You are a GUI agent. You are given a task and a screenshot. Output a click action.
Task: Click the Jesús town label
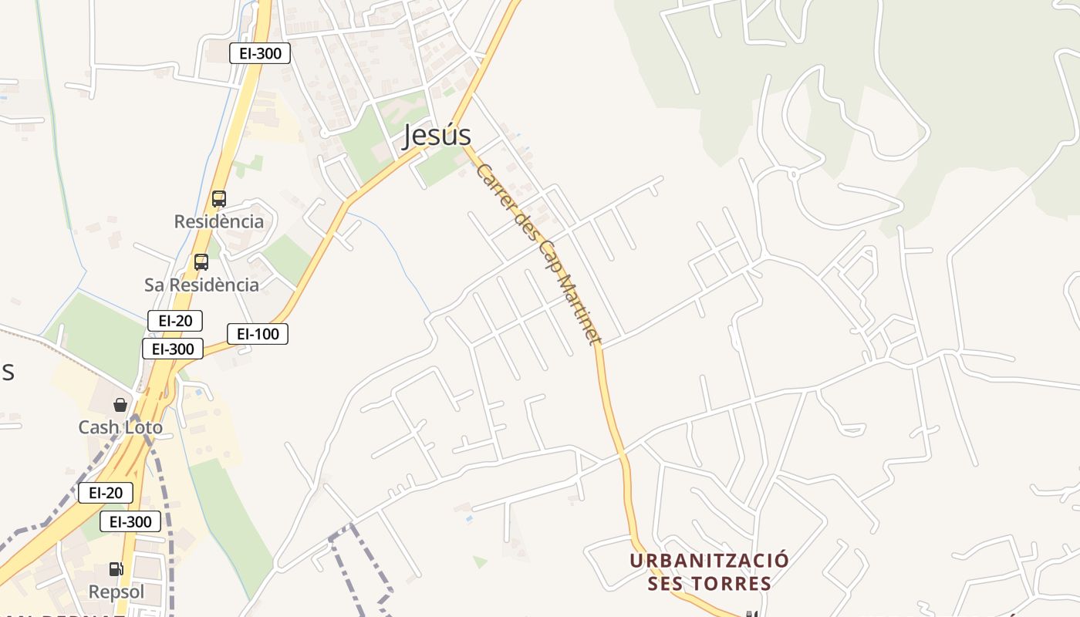tap(437, 136)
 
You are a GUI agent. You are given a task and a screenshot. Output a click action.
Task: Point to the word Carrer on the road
tap(495, 186)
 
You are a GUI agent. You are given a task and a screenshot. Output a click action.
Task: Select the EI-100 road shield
tap(258, 334)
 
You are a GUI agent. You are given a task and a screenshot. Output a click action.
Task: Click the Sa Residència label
tap(201, 285)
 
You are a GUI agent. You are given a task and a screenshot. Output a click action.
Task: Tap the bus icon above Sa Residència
tap(201, 261)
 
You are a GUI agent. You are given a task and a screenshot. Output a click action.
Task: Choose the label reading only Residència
tap(218, 221)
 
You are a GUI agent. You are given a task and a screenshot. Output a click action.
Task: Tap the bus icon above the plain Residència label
tap(218, 199)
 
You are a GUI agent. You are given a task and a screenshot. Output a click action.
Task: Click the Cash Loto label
tap(120, 427)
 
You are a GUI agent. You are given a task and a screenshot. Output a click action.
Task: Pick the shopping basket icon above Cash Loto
tap(120, 404)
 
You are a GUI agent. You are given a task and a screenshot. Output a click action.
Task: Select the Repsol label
tap(116, 592)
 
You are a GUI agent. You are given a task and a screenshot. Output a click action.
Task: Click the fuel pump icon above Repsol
tap(116, 569)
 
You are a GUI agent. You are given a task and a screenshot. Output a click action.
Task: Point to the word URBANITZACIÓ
tap(709, 560)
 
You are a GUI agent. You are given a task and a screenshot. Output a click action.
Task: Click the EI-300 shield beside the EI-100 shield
tap(173, 349)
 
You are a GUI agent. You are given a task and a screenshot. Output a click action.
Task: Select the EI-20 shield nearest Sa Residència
tap(175, 321)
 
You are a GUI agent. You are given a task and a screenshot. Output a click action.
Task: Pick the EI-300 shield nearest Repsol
tap(130, 522)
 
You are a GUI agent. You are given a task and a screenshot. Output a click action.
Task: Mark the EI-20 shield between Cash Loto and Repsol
tap(106, 493)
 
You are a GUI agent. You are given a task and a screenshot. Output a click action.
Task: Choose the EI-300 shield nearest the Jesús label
tap(260, 53)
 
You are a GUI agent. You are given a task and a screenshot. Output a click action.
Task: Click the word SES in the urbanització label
tap(665, 584)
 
